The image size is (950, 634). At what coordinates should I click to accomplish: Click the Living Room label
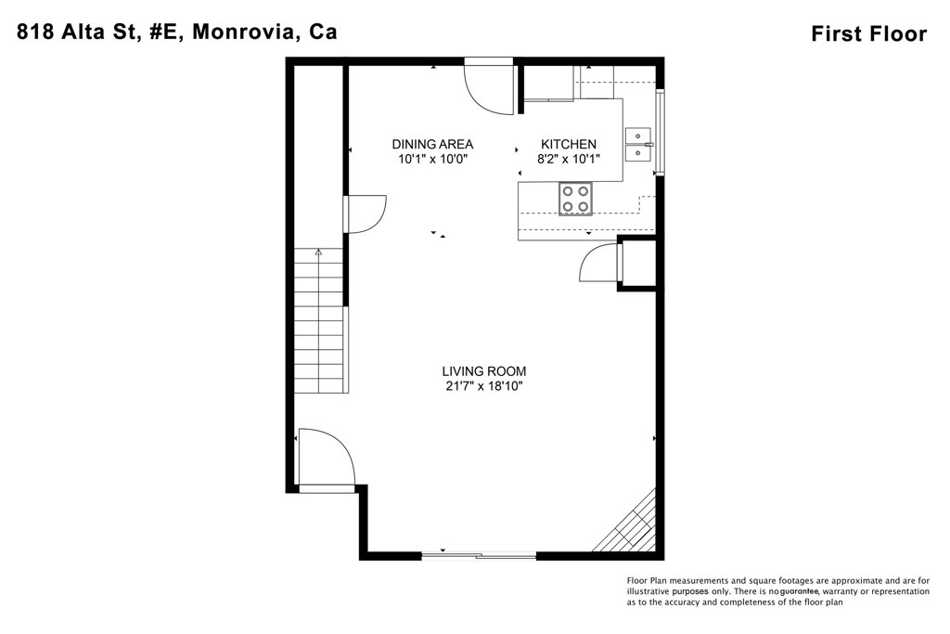(x=483, y=371)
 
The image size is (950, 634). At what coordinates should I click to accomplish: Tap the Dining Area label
(x=432, y=144)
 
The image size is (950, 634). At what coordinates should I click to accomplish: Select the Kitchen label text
(x=569, y=144)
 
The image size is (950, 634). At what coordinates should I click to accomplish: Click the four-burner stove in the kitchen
(x=575, y=199)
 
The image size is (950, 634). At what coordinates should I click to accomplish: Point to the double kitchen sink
(x=638, y=145)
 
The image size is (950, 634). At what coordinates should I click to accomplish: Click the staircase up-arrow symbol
(x=319, y=253)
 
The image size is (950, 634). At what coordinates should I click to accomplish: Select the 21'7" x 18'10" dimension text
(x=484, y=386)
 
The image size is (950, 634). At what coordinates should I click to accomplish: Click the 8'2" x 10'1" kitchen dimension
(x=569, y=160)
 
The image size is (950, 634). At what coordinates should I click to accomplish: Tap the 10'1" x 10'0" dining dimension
(x=433, y=160)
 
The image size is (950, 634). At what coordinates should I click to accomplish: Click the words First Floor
(x=868, y=34)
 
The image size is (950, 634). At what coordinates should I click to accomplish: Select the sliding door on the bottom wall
(x=479, y=555)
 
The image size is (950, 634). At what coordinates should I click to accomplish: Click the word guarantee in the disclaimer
(x=800, y=591)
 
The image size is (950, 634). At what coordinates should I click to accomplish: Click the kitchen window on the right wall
(x=661, y=132)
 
